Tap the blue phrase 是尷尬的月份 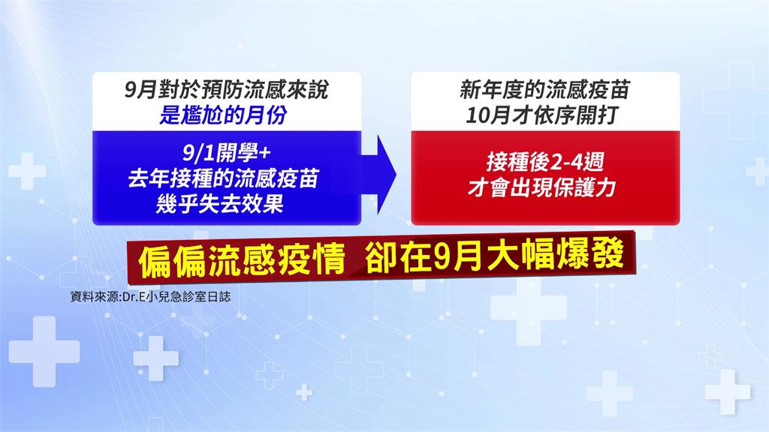pos(223,115)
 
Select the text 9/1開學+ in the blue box pos(227,153)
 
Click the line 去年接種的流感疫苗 pos(224,178)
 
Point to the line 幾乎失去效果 pos(220,204)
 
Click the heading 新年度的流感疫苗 pos(544,90)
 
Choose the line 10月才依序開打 pos(541,115)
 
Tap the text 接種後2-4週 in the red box pos(545,162)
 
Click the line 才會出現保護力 pos(541,187)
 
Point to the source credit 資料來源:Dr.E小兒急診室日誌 pos(150,297)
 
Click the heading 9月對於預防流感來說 pos(226,90)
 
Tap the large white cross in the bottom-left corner pos(44,351)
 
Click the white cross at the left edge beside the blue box pos(27,171)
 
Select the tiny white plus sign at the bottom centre pos(304,392)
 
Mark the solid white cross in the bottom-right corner pos(728,391)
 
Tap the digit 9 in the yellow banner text pos(442,257)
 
